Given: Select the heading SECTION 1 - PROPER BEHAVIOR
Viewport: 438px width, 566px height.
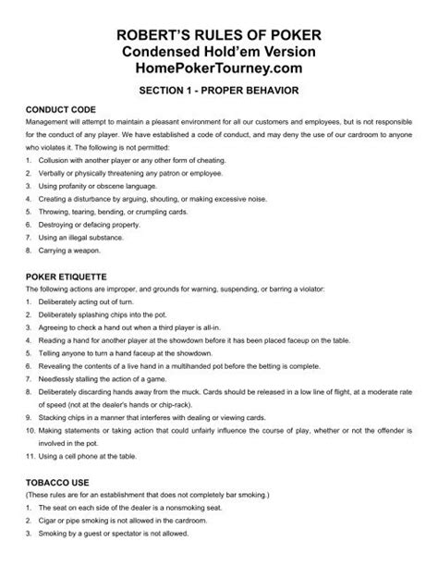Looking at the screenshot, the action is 218,93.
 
